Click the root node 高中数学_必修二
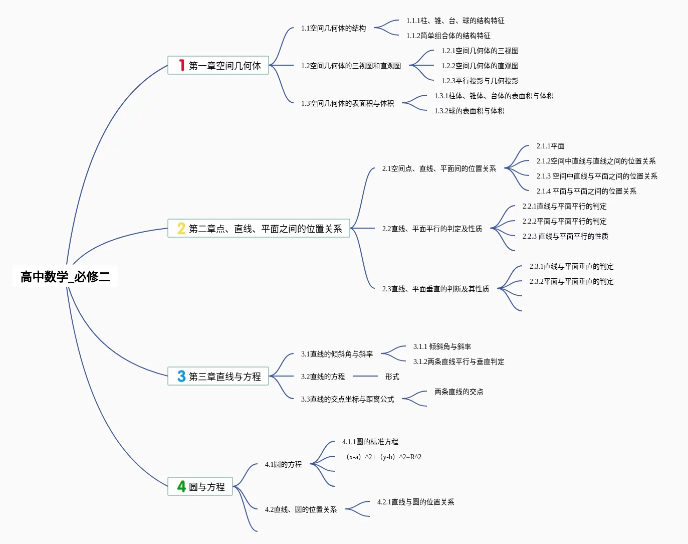pos(65,276)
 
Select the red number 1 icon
pos(181,65)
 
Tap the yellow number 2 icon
pos(181,228)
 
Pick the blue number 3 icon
pos(181,376)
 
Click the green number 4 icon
pos(181,486)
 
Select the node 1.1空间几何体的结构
pos(333,28)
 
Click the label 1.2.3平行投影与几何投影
pos(480,81)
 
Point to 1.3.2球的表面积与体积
pos(470,111)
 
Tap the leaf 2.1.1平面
pos(551,146)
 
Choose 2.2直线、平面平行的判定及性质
pos(432,229)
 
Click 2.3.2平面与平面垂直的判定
pos(572,281)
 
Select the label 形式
pos(392,377)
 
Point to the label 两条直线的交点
pos(459,392)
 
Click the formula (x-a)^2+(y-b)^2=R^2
pos(384,457)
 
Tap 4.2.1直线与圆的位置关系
pos(415,502)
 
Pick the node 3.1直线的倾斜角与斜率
pos(337,354)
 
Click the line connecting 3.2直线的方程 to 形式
pos(365,376)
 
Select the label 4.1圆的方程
pos(283,464)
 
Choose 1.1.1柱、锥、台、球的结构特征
pos(455,21)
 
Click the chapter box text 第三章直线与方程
pos(225,377)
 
